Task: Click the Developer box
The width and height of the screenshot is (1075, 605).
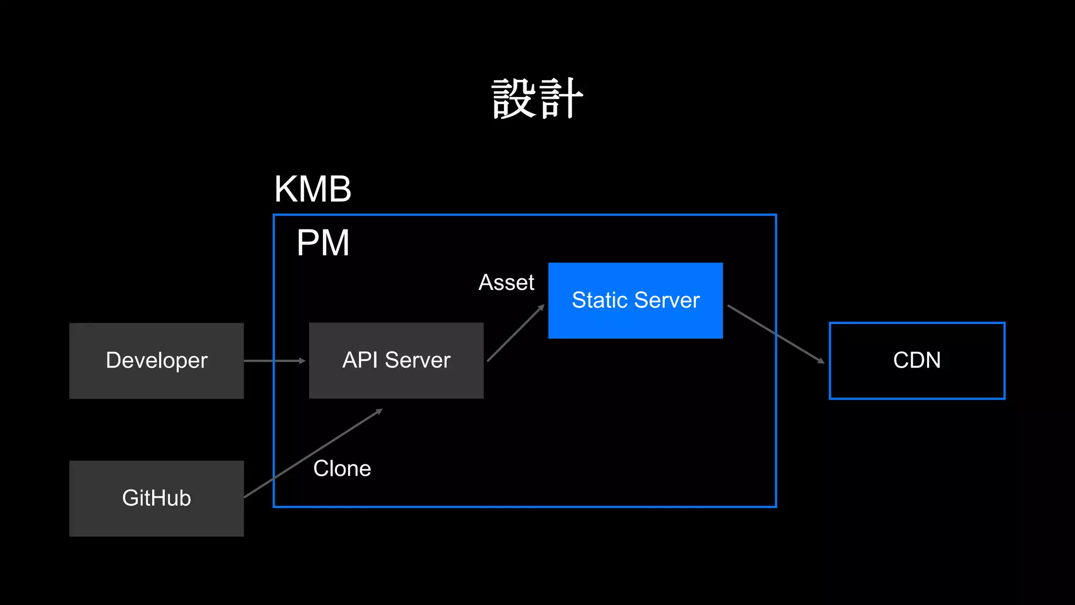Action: (x=156, y=361)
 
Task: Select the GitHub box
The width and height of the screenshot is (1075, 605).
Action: (x=156, y=498)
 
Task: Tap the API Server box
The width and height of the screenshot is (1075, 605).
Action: (x=396, y=361)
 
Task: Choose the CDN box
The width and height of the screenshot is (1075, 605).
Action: (x=916, y=361)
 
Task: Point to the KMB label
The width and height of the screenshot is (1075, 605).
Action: (x=313, y=189)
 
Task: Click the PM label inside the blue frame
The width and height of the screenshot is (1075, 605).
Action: (x=323, y=243)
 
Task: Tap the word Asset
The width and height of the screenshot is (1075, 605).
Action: (x=506, y=283)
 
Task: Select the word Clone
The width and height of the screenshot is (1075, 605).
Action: (x=342, y=468)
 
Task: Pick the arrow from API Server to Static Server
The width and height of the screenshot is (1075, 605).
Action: (x=515, y=333)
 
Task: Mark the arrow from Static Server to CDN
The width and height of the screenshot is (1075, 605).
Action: (x=775, y=333)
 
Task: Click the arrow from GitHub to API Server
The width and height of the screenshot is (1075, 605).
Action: (x=313, y=453)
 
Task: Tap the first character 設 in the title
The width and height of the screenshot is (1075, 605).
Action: (x=514, y=99)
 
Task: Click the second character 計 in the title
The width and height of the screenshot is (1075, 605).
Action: (x=561, y=99)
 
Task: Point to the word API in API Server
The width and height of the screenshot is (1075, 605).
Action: (x=360, y=360)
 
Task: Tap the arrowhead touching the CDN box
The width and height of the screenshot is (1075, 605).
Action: (x=820, y=361)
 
